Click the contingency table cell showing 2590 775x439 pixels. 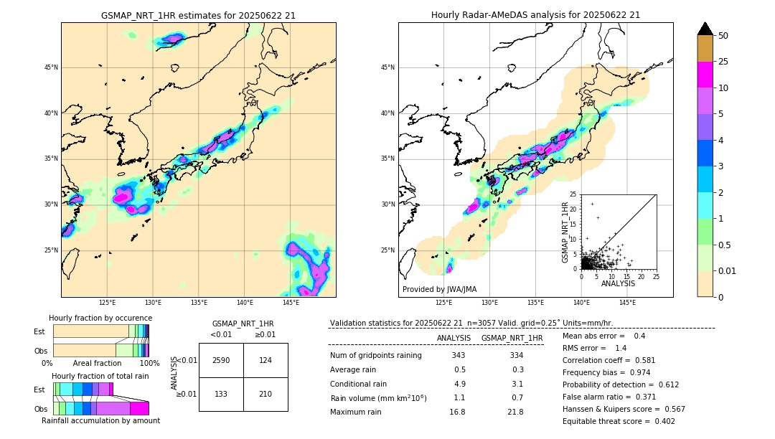tap(221, 360)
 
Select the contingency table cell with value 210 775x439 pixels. tap(266, 394)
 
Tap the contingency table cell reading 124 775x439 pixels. tap(266, 360)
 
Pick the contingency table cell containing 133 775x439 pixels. tap(221, 394)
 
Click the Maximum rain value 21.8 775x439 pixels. tap(516, 412)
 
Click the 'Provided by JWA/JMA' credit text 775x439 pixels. tap(439, 289)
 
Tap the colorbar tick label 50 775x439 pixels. tap(724, 36)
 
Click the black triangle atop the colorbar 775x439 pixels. tap(705, 29)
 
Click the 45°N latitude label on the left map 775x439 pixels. tap(50, 67)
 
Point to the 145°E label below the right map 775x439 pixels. tap(627, 303)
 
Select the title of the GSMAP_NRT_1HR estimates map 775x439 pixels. tap(198, 15)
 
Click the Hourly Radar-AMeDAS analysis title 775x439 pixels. tap(535, 15)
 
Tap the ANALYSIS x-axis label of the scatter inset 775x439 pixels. tap(618, 283)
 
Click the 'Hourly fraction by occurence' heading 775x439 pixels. tap(100, 318)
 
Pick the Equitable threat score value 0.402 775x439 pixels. tap(659, 421)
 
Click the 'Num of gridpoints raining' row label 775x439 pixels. tap(375, 356)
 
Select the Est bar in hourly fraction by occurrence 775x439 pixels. tap(100, 331)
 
